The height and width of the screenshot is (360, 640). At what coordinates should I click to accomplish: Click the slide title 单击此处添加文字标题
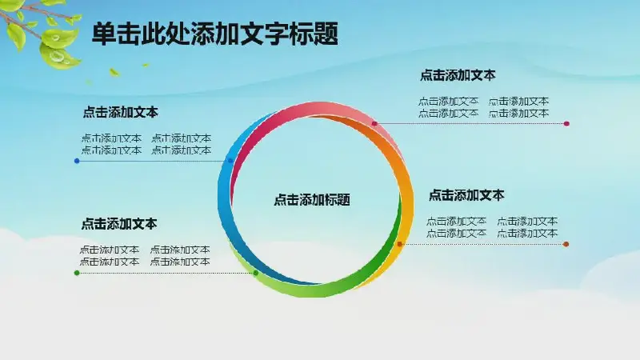[x=215, y=34]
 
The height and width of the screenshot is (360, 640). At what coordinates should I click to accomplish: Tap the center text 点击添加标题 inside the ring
[x=312, y=199]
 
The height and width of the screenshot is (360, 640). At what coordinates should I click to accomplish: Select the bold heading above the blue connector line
[x=121, y=112]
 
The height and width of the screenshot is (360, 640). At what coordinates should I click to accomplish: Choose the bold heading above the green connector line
[x=119, y=224]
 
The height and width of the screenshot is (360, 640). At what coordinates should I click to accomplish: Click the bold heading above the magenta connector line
[x=458, y=75]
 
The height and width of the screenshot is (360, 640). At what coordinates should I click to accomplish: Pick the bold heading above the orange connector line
[x=466, y=195]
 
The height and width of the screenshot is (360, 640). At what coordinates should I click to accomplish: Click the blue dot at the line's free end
[x=77, y=161]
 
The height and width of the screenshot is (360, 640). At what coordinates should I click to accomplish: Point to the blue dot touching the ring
[x=230, y=161]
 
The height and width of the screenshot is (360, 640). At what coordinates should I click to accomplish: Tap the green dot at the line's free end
[x=77, y=273]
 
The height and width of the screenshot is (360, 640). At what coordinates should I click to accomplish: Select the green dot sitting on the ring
[x=256, y=273]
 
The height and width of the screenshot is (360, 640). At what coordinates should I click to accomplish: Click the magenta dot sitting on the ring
[x=374, y=123]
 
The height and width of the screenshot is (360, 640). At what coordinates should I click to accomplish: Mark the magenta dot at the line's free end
[x=566, y=123]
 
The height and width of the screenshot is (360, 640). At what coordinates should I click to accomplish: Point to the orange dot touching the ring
[x=400, y=244]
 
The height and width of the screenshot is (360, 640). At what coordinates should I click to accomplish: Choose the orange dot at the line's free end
[x=566, y=244]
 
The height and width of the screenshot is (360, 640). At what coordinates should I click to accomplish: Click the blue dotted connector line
[x=154, y=161]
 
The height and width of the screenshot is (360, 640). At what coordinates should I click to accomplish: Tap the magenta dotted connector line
[x=470, y=123]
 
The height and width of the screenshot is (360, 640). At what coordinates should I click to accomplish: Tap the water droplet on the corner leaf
[x=58, y=55]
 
